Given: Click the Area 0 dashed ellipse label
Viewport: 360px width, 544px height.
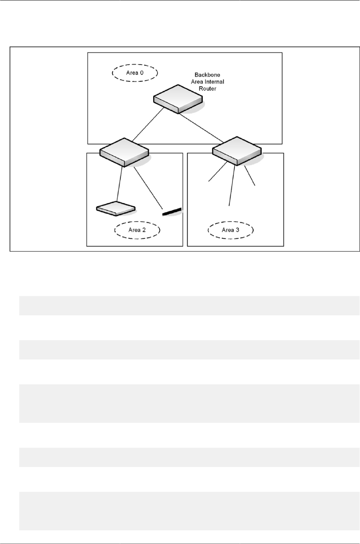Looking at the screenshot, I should pyautogui.click(x=135, y=73).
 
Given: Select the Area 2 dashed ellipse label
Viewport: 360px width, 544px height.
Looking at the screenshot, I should pyautogui.click(x=137, y=230).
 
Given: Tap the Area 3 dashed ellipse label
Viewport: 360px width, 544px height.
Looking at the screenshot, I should pyautogui.click(x=231, y=230).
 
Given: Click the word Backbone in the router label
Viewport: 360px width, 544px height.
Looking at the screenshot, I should pyautogui.click(x=207, y=75).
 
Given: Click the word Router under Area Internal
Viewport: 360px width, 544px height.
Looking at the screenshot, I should pyautogui.click(x=207, y=89).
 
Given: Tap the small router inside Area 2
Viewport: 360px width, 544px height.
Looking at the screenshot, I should pyautogui.click(x=115, y=209).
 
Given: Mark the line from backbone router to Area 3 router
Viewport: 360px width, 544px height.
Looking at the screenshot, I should pyautogui.click(x=200, y=128).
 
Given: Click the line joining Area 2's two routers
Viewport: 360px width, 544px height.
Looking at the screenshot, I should pyautogui.click(x=119, y=184).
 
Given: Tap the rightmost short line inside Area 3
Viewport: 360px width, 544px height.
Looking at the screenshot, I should pyautogui.click(x=250, y=177).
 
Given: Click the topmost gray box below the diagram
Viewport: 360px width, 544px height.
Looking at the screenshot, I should pyautogui.click(x=189, y=305).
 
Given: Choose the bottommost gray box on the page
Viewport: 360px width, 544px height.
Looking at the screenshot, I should pyautogui.click(x=189, y=511).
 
